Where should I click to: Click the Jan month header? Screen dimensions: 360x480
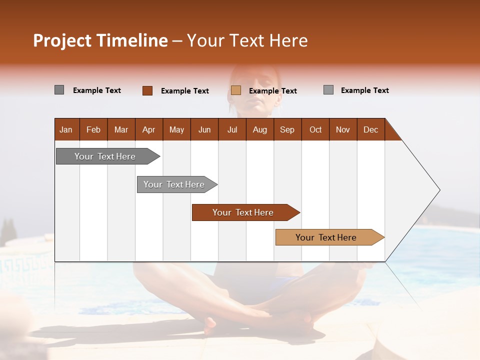click(x=66, y=129)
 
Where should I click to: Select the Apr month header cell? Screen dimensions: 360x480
click(x=149, y=129)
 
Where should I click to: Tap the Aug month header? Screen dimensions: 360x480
click(x=260, y=129)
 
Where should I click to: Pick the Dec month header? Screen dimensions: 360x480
click(x=370, y=129)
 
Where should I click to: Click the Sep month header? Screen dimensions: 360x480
click(x=287, y=129)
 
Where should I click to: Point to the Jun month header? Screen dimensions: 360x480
click(x=204, y=129)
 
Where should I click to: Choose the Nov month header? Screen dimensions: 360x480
click(x=343, y=129)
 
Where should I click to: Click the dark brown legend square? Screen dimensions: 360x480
click(x=147, y=90)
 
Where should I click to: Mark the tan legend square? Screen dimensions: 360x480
click(x=236, y=90)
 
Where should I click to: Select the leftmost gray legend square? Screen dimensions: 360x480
click(x=59, y=90)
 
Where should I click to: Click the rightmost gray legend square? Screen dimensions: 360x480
click(x=328, y=90)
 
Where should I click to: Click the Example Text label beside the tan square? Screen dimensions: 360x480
click(x=273, y=91)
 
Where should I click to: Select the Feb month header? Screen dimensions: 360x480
click(x=93, y=129)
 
